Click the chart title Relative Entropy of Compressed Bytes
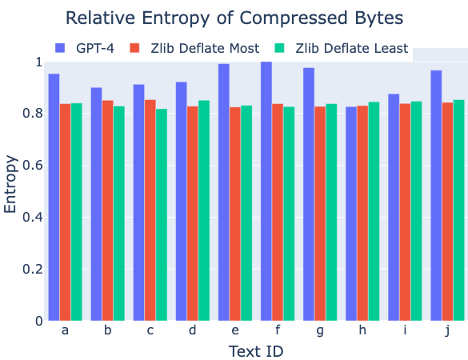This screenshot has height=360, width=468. point(234,17)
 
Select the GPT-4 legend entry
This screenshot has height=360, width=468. point(94,49)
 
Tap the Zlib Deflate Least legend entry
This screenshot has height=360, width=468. point(351,49)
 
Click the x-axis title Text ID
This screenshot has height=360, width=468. point(255,351)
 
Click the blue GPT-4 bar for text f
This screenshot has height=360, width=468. point(266,192)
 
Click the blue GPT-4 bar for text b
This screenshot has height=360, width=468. point(96,204)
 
